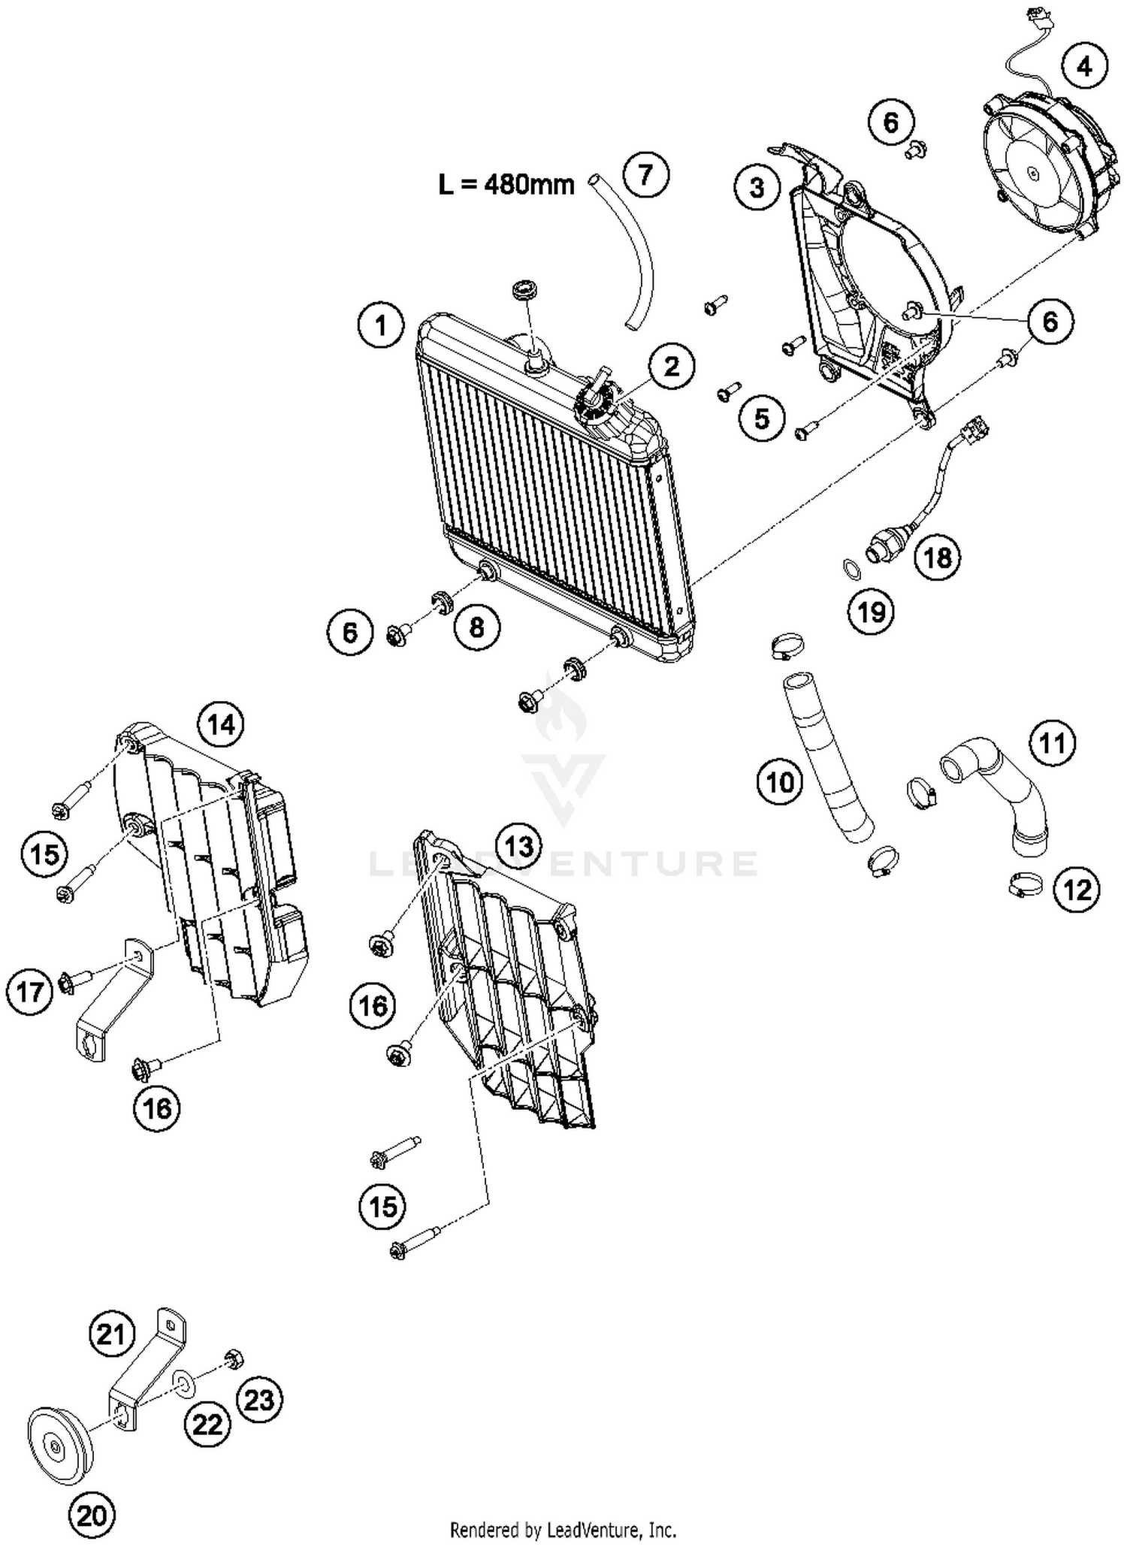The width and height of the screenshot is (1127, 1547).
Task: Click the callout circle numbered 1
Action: pos(380,325)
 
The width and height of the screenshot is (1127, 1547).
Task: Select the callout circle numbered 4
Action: pos(1084,66)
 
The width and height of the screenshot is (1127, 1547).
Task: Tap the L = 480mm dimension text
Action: pos(506,184)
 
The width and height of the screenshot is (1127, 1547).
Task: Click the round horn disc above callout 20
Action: pos(59,1446)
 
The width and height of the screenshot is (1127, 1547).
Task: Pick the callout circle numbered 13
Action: pos(519,846)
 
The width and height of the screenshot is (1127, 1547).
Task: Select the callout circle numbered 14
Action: pos(221,724)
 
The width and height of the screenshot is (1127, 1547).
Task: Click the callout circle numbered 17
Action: pos(30,992)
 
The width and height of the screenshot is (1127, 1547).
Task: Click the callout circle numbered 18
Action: pos(938,557)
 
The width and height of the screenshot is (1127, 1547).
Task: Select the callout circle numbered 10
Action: pos(780,782)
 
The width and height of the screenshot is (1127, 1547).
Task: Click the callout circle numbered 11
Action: pos(1052,742)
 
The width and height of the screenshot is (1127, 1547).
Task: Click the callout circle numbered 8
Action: pos(476,626)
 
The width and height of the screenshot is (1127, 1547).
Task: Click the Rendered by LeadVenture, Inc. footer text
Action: pos(563,1529)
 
